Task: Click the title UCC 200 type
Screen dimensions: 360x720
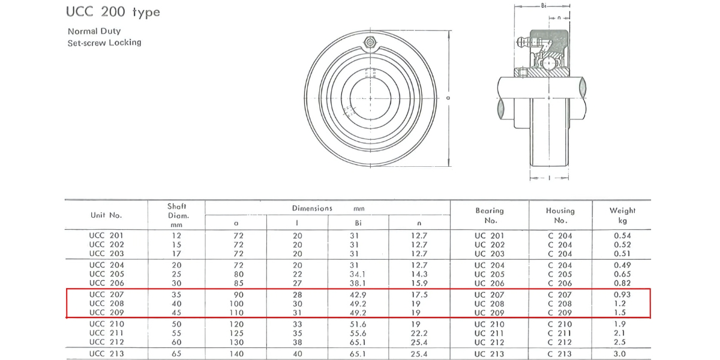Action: coord(113,13)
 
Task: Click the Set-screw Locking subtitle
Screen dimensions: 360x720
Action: coord(104,43)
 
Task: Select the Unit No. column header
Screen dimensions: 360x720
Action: coord(106,215)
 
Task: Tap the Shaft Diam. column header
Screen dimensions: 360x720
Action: coord(176,215)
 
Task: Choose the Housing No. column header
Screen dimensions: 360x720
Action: coord(560,215)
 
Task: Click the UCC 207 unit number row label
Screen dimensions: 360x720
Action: coord(106,295)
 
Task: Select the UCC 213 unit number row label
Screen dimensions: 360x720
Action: coord(106,353)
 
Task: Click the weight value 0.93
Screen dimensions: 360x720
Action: coord(622,295)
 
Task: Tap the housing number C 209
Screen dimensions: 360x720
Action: coord(560,313)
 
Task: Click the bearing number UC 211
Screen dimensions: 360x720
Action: coord(489,333)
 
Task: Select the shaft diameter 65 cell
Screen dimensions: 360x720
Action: coord(176,353)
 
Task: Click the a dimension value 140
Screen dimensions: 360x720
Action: coord(238,353)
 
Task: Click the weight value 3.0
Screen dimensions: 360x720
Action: coord(622,353)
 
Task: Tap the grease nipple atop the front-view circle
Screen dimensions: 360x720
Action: coord(370,41)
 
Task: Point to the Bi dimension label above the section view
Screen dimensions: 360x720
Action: coord(543,5)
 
